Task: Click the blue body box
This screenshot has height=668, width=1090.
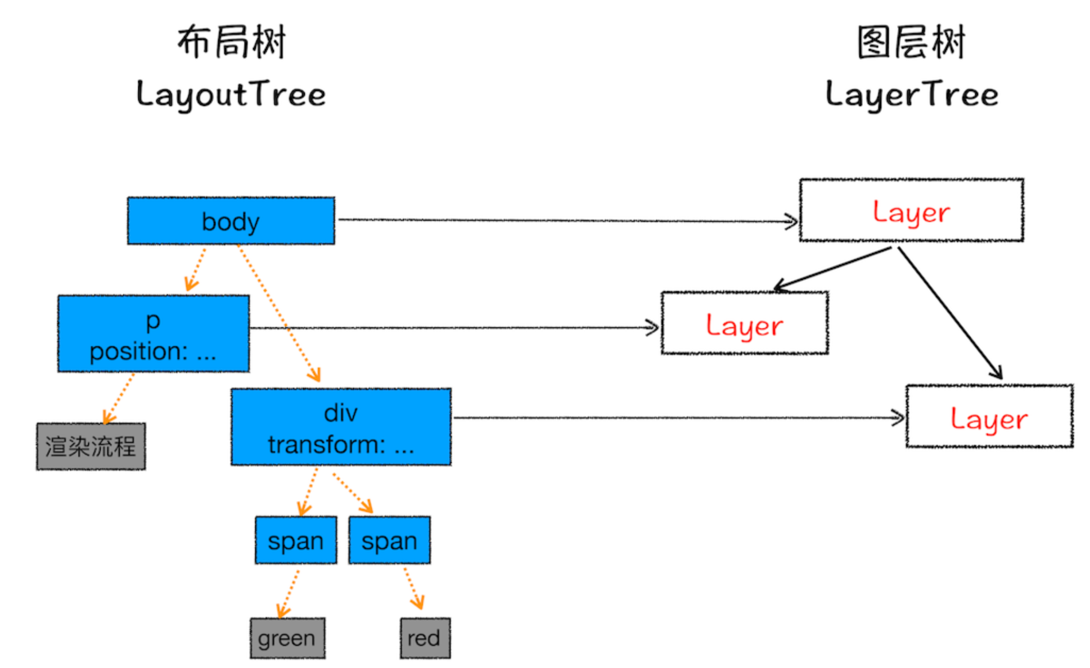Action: (231, 220)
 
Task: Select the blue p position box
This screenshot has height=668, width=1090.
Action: (154, 333)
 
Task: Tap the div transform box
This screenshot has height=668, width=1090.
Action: (341, 427)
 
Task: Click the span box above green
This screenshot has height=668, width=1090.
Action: (296, 540)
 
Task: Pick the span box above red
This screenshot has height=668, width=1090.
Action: (390, 540)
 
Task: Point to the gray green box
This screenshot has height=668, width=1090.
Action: (287, 638)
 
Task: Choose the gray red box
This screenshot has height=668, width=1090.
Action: (425, 638)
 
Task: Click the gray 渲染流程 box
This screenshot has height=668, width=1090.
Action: (91, 446)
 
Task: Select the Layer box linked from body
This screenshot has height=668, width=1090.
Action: (912, 210)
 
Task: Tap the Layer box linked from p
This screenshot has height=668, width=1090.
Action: (745, 323)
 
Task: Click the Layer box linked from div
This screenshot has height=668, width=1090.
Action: (989, 417)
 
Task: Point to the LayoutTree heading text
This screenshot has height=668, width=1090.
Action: (231, 94)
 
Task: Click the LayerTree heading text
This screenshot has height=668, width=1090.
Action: (912, 94)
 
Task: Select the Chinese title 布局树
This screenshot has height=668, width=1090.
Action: (232, 42)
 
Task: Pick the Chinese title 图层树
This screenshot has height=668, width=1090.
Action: (911, 42)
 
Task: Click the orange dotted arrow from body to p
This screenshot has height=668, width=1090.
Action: (196, 269)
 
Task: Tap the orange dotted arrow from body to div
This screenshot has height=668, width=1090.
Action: (279, 314)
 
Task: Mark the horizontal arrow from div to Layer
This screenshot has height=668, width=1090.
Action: (679, 418)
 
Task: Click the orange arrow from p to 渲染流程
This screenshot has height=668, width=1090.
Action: (119, 399)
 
